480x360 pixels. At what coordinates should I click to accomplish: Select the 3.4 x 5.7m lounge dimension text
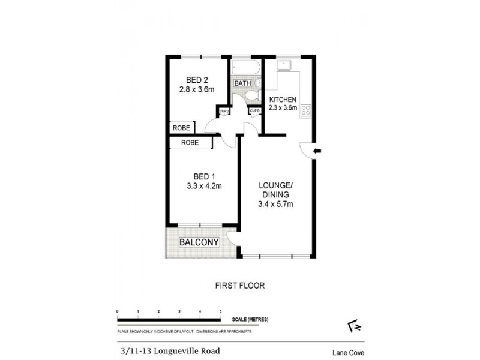coord(275,205)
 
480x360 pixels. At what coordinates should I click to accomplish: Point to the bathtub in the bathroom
coord(245,68)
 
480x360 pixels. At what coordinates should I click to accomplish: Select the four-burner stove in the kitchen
coord(305,109)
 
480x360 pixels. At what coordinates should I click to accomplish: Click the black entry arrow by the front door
coord(318,151)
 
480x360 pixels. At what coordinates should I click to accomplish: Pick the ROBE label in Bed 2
coord(182,128)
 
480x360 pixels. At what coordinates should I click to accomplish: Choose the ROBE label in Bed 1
coord(190,143)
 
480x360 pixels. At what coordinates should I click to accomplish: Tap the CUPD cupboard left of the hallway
coord(224,111)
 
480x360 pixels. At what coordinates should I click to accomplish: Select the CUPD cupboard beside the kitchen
coord(254,111)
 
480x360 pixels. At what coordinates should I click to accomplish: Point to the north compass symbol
coord(352,325)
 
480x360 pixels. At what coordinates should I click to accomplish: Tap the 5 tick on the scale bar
coord(221,311)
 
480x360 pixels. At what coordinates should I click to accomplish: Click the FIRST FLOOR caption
coord(239,286)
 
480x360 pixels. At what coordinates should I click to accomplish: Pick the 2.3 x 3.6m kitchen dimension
coord(283,107)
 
